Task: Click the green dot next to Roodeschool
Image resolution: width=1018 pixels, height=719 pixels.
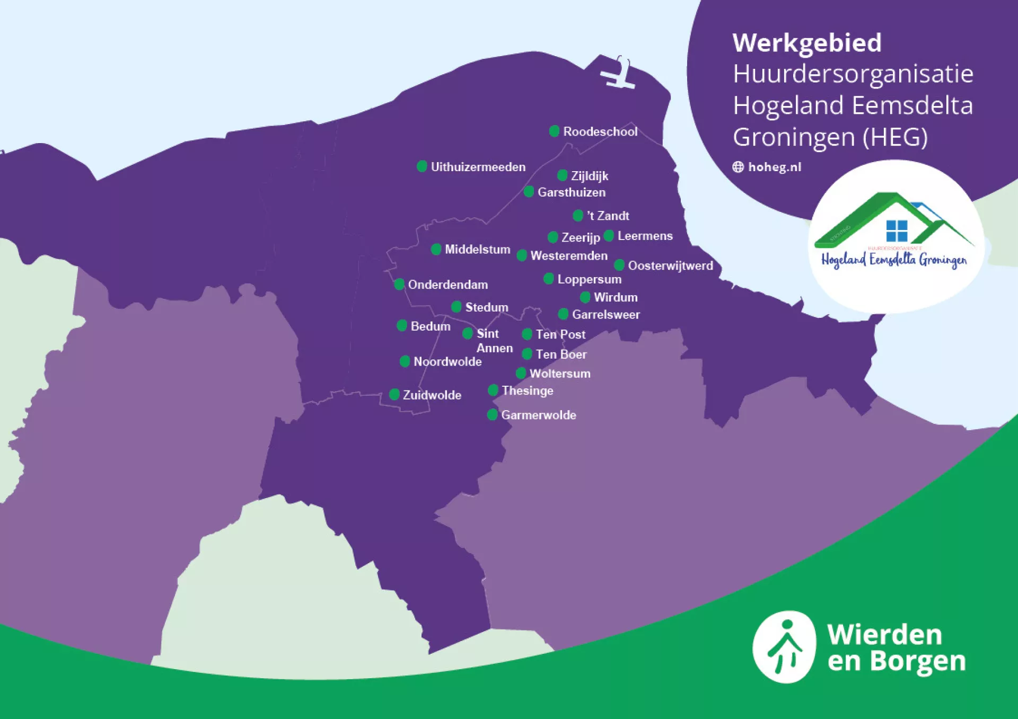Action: point(554,131)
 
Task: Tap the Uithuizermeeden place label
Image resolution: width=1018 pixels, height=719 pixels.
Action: point(478,167)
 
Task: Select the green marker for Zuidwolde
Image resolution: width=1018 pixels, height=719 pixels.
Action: point(394,394)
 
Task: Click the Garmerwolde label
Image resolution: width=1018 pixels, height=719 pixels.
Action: point(538,415)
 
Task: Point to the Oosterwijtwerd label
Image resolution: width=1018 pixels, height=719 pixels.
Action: point(670,265)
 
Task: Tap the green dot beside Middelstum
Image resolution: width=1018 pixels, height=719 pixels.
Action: point(436,249)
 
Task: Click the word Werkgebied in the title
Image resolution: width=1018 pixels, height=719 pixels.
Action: point(806,43)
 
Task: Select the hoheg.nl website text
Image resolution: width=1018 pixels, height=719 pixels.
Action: point(774,167)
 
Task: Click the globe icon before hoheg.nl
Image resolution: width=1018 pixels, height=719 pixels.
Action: point(738,167)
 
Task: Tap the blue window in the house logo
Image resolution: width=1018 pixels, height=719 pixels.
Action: point(897,231)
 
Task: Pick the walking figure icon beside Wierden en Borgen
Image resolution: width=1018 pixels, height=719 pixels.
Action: point(784,647)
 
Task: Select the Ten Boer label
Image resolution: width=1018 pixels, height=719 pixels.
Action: point(560,354)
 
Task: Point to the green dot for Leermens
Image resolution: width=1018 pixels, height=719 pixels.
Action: point(609,235)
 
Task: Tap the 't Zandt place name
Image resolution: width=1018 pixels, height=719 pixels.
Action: point(608,216)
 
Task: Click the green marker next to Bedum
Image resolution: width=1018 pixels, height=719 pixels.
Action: point(402,325)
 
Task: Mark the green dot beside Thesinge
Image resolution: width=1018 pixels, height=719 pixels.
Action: point(493,390)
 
